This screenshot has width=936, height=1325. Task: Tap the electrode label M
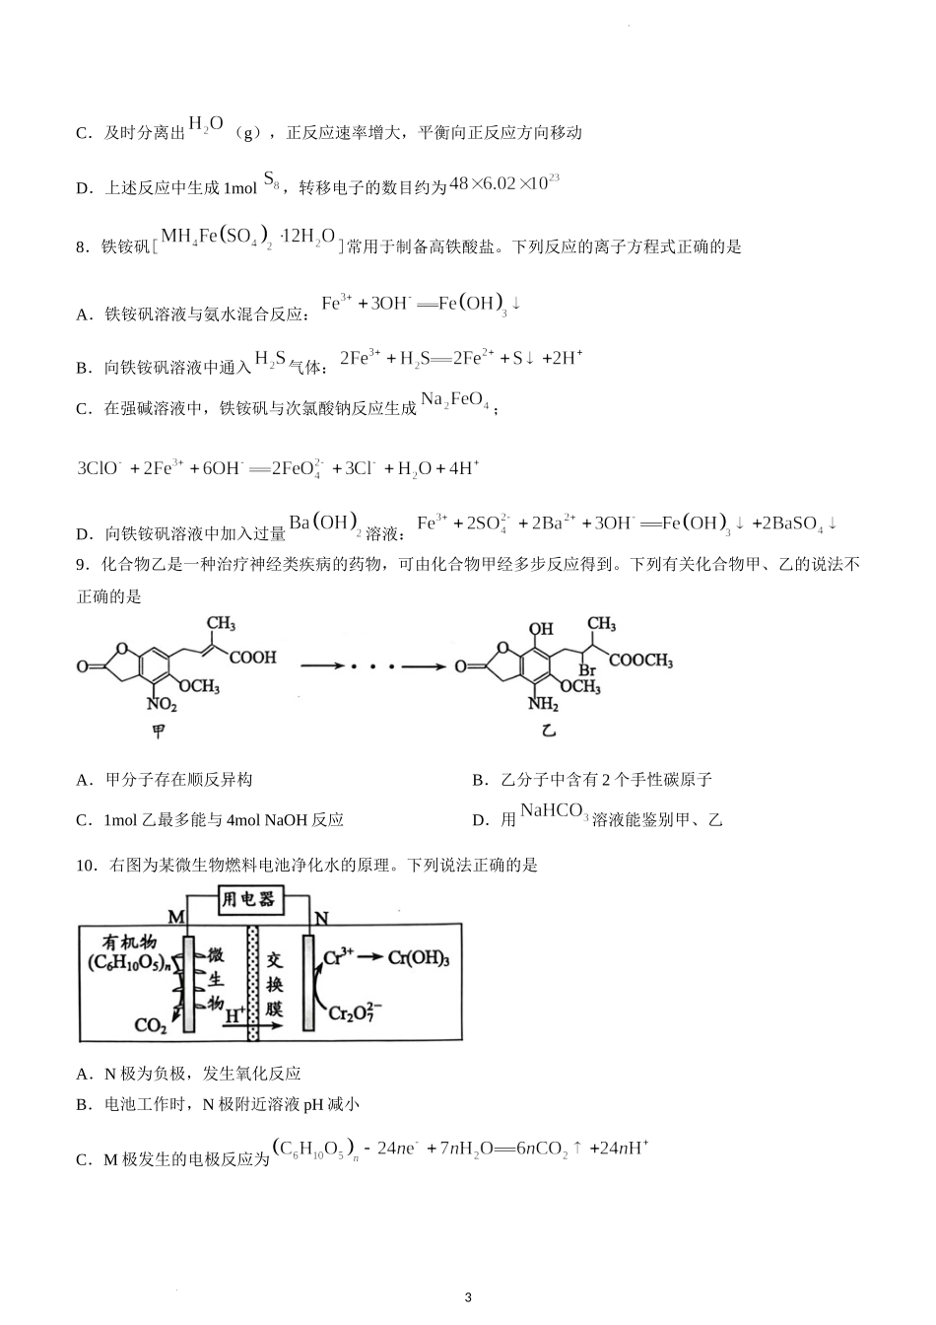pyautogui.click(x=176, y=918)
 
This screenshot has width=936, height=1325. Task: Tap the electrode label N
pyautogui.click(x=321, y=919)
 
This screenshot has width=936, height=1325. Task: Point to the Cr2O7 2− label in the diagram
pyautogui.click(x=356, y=1013)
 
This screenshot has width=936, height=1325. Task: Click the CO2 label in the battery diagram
pyautogui.click(x=151, y=1026)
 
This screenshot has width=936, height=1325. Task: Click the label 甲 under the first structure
pyautogui.click(x=157, y=732)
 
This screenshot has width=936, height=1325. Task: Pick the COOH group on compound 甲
pyautogui.click(x=252, y=657)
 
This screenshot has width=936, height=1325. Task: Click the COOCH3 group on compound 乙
pyautogui.click(x=640, y=661)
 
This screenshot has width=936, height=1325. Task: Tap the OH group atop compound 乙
pyautogui.click(x=541, y=628)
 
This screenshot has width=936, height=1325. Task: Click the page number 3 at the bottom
pyautogui.click(x=468, y=1297)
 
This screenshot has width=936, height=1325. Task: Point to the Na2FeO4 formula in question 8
pyautogui.click(x=455, y=400)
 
